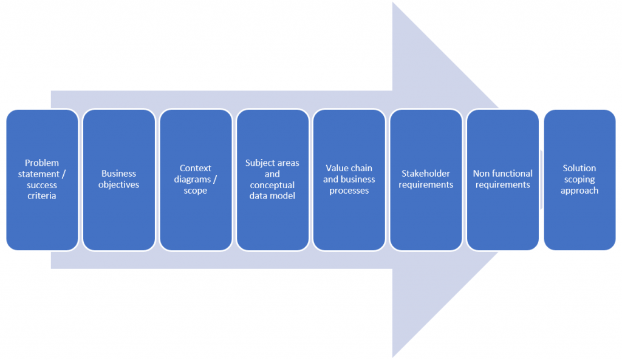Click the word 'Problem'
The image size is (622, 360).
(42, 163)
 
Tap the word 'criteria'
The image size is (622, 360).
(42, 196)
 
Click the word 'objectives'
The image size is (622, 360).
(118, 185)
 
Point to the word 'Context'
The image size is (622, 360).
(196, 168)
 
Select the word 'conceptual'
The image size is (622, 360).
(272, 185)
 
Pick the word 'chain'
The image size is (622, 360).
(361, 168)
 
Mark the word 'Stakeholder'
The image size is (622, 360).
(426, 174)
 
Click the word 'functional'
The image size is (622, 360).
(513, 174)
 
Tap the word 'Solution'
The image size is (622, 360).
(579, 168)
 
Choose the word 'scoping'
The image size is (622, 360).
(579, 180)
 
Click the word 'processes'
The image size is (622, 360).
(349, 191)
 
